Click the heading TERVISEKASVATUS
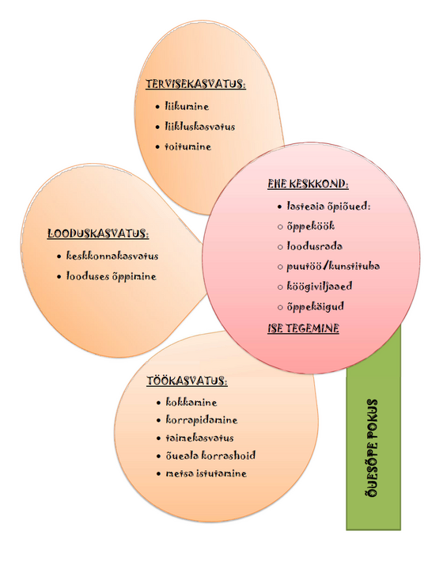[x=195, y=84]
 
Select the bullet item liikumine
[x=187, y=107]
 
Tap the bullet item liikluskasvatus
[x=200, y=127]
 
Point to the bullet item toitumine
[x=187, y=146]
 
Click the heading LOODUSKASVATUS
[x=98, y=233]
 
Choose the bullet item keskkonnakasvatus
[x=112, y=256]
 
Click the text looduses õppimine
[x=111, y=276]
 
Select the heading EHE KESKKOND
[x=308, y=184]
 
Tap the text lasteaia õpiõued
[x=328, y=207]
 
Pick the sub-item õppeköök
[x=310, y=226]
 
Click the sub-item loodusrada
[x=314, y=246]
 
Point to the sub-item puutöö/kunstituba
[x=333, y=267]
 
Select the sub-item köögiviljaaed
[x=319, y=286]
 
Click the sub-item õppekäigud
[x=315, y=307]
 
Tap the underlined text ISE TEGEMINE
[x=303, y=328]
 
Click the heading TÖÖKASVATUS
[x=187, y=381]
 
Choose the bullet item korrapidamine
[x=201, y=420]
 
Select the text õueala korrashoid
[x=210, y=455]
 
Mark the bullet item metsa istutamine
[x=206, y=473]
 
